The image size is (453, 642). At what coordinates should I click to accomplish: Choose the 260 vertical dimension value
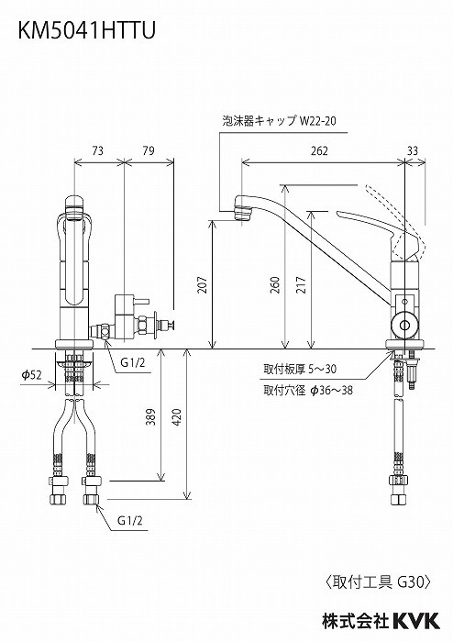tap(275, 286)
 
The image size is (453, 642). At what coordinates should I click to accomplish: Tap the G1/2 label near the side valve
tap(135, 362)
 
